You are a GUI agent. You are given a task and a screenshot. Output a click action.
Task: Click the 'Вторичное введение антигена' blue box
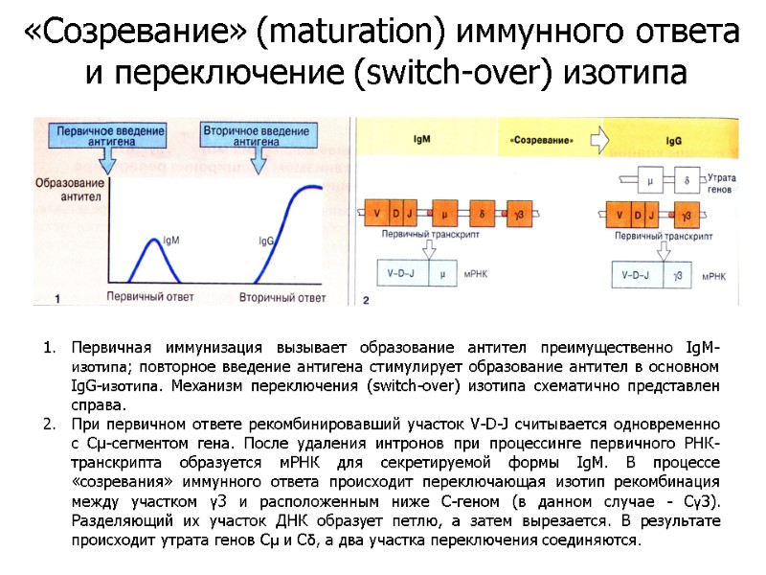[242, 133]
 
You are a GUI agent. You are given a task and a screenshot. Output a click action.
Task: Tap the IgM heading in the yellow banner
[420, 140]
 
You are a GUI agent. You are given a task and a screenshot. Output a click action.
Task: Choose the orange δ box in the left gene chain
[484, 213]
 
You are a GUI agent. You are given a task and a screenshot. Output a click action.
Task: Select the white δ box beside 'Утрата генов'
[686, 179]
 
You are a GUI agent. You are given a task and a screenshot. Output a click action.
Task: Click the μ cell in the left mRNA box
[442, 275]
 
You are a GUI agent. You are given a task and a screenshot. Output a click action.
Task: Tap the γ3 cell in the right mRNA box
[677, 275]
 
